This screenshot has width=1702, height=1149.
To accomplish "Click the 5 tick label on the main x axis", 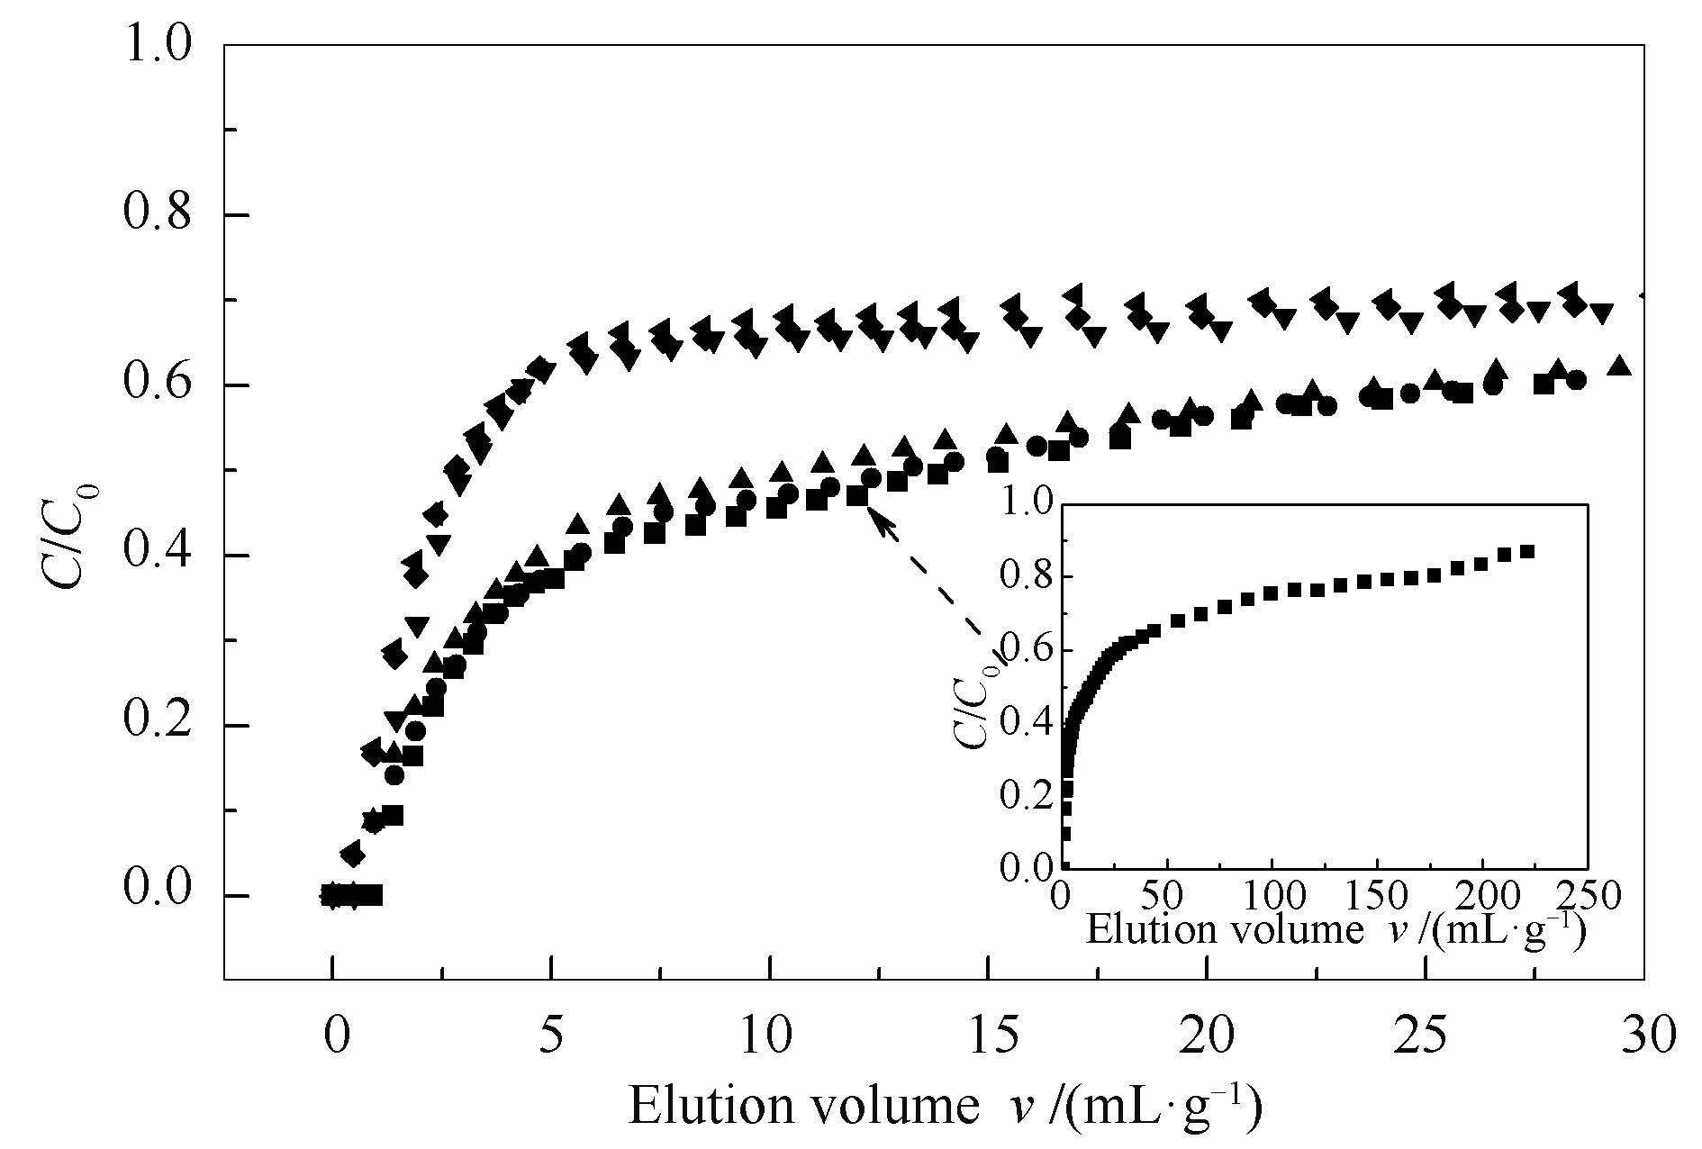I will pyautogui.click(x=551, y=1035).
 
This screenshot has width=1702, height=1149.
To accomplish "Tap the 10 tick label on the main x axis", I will pyautogui.click(x=769, y=1035).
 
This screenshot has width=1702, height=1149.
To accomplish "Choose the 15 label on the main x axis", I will pyautogui.click(x=988, y=1035).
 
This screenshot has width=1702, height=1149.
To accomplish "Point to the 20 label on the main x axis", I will pyautogui.click(x=1207, y=1035).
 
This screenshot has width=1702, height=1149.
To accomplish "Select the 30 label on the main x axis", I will pyautogui.click(x=1644, y=1035).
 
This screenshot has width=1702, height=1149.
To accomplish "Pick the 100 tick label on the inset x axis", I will pyautogui.click(x=1271, y=899).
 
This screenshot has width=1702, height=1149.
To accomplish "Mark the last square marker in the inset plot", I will pyautogui.click(x=1527, y=552).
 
